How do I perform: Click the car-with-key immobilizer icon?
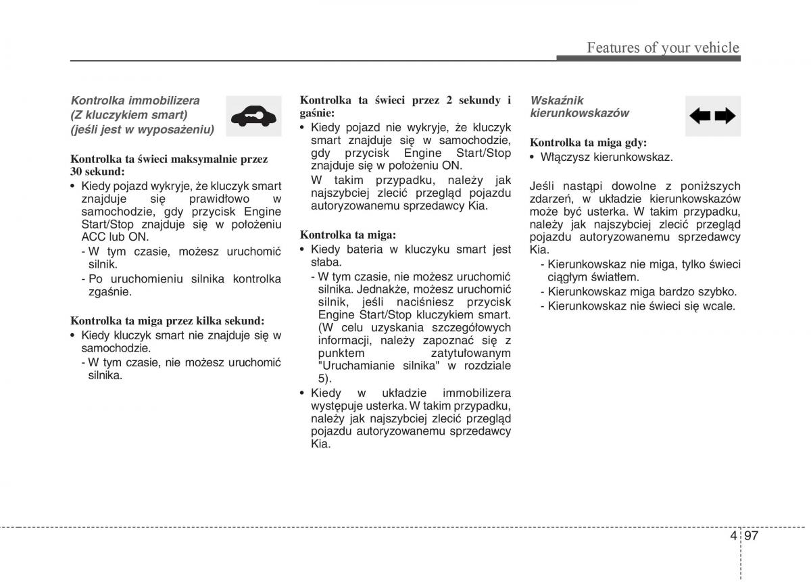[253, 116]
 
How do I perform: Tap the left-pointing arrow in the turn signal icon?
[700, 116]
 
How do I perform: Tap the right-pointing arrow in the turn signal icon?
[725, 116]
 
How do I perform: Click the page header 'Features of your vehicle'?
[662, 47]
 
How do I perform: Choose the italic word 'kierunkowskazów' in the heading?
[579, 113]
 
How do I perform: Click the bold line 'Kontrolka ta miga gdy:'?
[588, 143]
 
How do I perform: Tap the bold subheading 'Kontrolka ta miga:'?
[347, 235]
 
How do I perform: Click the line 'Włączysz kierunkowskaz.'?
[606, 157]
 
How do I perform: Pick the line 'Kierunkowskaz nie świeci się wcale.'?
[641, 306]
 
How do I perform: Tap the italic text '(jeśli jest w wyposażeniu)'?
[143, 130]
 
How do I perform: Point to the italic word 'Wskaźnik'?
[557, 100]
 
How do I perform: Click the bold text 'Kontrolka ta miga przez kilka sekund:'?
[167, 320]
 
